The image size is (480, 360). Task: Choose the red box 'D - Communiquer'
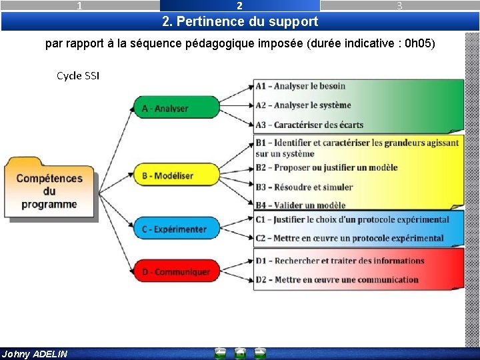pos(175,271)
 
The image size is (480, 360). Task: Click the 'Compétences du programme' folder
pos(49,189)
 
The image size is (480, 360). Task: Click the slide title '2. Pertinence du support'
pos(240,21)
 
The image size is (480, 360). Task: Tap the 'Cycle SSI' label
pos(78,76)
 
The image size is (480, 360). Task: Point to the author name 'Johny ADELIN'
pos(35,354)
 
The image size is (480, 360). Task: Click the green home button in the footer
pos(240,354)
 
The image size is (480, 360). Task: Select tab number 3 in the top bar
pos(399,6)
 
